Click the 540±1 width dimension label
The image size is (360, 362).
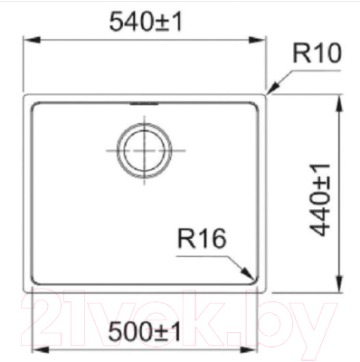coord(144,20)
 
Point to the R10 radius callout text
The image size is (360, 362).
coord(316,55)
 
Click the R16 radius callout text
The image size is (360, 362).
coord(201,240)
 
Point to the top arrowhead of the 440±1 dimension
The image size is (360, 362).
coord(338,97)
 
